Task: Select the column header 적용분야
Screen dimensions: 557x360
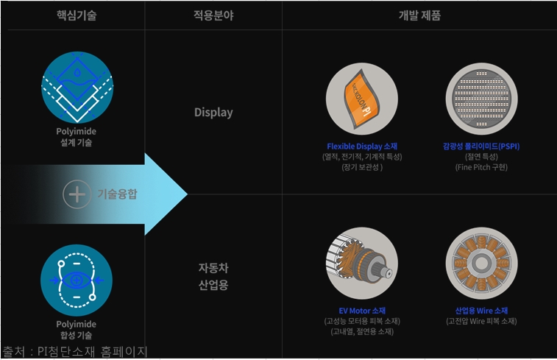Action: tap(213, 15)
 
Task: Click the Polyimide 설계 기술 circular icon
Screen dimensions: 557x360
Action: tap(77, 88)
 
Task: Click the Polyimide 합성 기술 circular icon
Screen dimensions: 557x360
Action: tap(77, 280)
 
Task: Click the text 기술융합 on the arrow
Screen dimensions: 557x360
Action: tap(118, 194)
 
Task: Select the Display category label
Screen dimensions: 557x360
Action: tap(213, 113)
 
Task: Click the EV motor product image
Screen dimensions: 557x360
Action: tap(361, 263)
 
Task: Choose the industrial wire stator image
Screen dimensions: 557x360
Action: tap(481, 263)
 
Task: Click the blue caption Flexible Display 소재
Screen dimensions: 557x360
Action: tap(361, 146)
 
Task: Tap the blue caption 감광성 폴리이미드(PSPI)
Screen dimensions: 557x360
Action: tap(481, 146)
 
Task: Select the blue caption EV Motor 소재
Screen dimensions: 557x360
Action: tap(361, 310)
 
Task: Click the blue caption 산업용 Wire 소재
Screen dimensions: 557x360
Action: tap(481, 310)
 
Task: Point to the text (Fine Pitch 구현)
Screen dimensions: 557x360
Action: tap(481, 167)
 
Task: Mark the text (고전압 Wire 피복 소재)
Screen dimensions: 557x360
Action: tap(481, 321)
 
